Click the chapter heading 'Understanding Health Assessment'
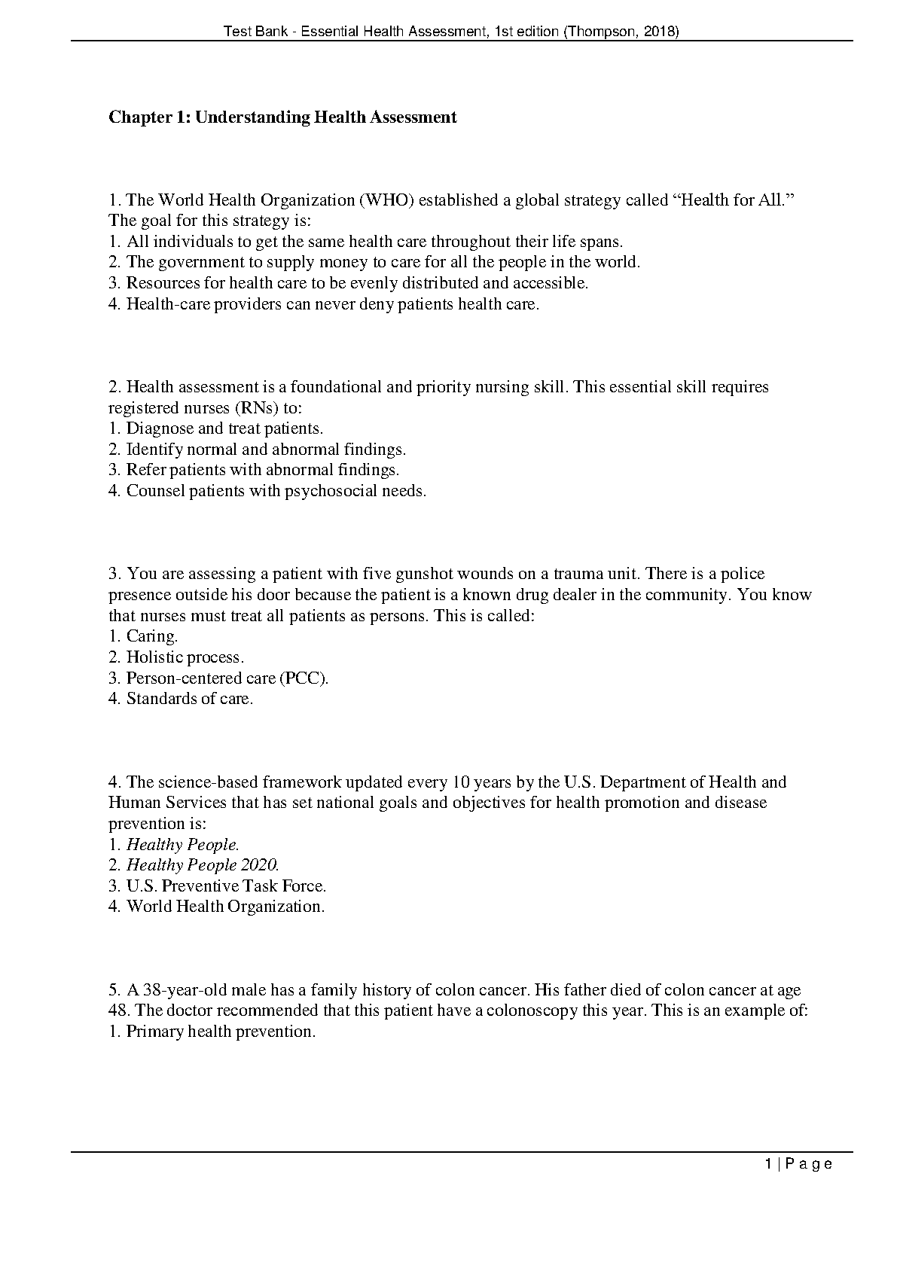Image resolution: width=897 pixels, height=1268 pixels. [325, 117]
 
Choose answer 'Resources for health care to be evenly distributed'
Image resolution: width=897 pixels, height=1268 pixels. [356, 283]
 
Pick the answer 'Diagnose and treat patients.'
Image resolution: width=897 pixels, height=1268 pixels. [224, 428]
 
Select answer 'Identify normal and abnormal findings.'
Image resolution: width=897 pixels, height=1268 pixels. [266, 450]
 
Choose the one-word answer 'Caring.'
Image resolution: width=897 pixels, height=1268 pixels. [152, 636]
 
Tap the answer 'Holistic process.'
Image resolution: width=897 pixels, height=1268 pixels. [185, 657]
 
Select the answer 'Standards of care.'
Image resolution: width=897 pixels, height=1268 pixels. [189, 699]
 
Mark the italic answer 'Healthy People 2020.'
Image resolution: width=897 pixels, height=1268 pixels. [203, 865]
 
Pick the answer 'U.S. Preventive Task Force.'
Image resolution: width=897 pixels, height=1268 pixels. [226, 886]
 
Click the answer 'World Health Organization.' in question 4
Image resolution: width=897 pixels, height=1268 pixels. [225, 907]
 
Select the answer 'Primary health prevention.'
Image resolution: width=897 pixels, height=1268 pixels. [221, 1032]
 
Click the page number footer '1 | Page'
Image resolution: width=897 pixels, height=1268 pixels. [798, 1164]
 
